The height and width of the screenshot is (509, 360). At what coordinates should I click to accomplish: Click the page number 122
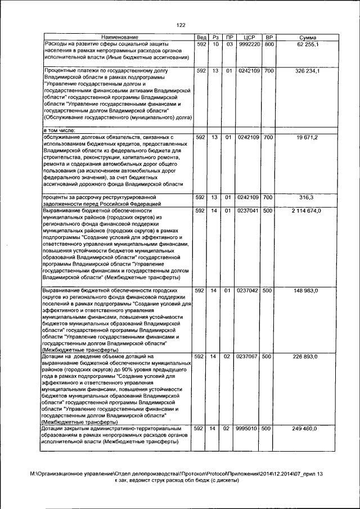click(x=181, y=25)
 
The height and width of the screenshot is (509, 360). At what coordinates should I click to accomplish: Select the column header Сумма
click(x=307, y=37)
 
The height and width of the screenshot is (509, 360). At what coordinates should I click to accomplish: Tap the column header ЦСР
click(x=248, y=37)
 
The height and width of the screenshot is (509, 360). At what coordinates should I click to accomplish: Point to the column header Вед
click(x=200, y=37)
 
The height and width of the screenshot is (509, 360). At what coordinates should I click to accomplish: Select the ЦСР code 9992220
click(x=248, y=43)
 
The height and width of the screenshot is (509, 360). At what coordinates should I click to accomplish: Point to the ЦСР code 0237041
click(x=248, y=210)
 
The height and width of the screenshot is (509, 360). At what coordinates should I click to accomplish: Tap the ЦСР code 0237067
click(x=248, y=357)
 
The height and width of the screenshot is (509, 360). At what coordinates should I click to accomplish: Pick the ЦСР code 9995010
click(x=248, y=429)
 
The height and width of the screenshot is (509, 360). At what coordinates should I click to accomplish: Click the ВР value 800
click(x=269, y=43)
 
